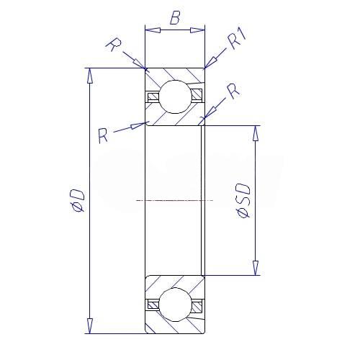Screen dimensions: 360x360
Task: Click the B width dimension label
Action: tap(175, 17)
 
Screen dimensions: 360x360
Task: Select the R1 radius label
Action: tap(237, 39)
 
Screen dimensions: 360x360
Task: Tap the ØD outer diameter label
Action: tap(77, 200)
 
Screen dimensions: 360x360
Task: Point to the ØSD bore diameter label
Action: tap(243, 201)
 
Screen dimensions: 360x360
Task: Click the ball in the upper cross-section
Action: tap(176, 96)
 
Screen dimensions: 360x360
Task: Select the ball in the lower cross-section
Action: tap(176, 305)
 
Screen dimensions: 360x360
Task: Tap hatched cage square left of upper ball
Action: tap(153, 97)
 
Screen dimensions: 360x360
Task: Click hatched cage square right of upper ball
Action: tap(197, 94)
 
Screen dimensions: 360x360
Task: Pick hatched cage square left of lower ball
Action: tap(153, 305)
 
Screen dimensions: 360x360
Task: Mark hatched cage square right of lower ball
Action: tap(197, 307)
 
